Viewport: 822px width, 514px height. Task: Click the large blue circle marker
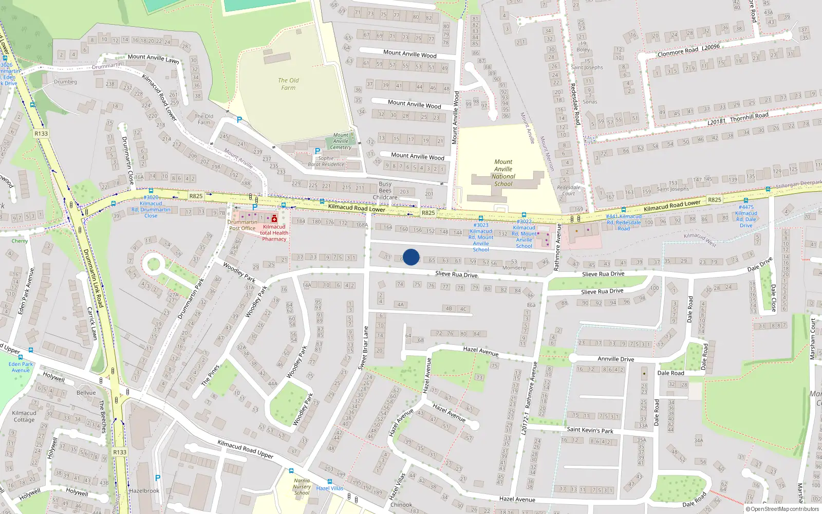click(x=411, y=257)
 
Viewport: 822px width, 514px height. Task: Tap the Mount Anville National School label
click(x=503, y=173)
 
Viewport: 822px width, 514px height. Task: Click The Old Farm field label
click(x=288, y=84)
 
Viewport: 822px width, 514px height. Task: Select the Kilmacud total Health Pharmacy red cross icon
click(x=274, y=218)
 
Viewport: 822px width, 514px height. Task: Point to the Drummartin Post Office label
click(x=242, y=225)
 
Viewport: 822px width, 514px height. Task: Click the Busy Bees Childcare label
click(x=385, y=190)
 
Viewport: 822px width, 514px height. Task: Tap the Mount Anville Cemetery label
click(x=341, y=141)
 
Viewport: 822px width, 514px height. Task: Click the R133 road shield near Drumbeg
click(x=41, y=134)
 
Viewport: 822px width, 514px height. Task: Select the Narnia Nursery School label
click(x=302, y=486)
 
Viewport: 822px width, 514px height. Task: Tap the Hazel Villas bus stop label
click(x=330, y=488)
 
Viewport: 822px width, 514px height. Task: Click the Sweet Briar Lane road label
click(x=363, y=348)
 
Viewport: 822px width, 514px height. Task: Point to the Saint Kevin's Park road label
click(x=590, y=430)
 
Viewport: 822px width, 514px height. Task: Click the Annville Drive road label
click(x=615, y=359)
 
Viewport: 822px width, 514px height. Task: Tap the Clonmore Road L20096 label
click(x=688, y=50)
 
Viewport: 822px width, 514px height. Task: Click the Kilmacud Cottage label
click(x=24, y=416)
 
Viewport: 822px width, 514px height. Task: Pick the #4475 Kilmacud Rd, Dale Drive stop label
click(x=746, y=216)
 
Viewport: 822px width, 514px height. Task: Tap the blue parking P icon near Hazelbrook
click(x=158, y=478)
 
